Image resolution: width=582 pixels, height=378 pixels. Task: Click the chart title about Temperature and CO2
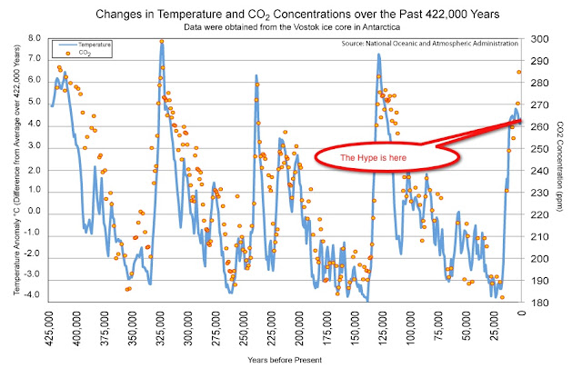tap(291, 13)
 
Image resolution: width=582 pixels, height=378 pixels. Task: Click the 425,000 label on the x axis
tap(52, 324)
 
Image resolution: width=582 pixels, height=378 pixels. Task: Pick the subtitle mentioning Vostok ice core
tap(290, 27)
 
